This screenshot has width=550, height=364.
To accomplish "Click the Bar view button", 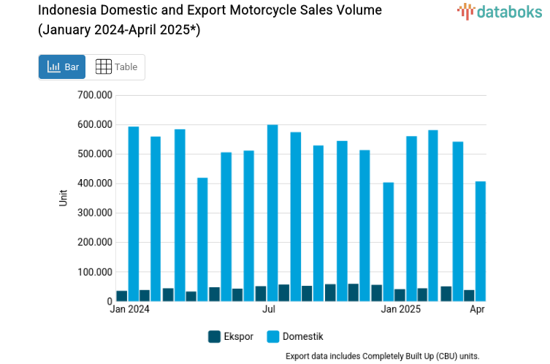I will pos(62,67).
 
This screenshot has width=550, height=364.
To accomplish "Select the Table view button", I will pos(116,67).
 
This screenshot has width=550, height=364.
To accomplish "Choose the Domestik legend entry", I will pos(295,336).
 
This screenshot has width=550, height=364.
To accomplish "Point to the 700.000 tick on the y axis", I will pos(94,95).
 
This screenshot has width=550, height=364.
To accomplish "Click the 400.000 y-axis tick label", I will pos(94,183).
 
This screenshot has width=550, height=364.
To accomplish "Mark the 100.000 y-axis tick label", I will pos(94,272).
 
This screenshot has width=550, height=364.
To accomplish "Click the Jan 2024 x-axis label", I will pos(129,309).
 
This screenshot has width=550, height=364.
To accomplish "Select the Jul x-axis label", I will pos(269,309).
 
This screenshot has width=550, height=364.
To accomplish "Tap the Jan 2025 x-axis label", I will pos(400,309).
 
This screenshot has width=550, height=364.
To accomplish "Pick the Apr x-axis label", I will pos(477,309).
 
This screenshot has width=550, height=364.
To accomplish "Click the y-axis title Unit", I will pos(64,197).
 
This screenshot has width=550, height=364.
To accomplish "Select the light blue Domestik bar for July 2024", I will pos(272,213).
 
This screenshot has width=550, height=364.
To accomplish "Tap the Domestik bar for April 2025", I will pos(480,241).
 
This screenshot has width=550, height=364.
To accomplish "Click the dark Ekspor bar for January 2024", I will pos(122,296).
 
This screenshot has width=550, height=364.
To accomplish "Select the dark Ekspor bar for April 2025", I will pos(469,295).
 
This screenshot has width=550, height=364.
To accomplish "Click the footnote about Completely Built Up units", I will pos(382,356).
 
